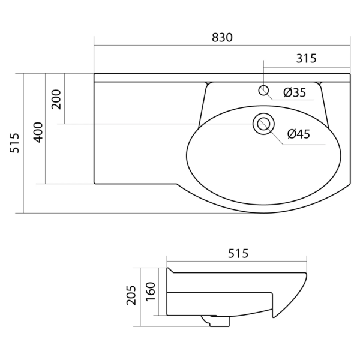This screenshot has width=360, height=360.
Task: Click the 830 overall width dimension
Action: click(x=222, y=37)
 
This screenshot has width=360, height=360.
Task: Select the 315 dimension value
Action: click(x=306, y=58)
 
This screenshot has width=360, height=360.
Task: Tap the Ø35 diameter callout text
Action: click(x=294, y=92)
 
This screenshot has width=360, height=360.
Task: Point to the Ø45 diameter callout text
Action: click(x=298, y=134)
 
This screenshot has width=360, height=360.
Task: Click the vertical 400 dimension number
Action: click(x=37, y=131)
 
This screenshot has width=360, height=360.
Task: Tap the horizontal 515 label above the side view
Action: click(x=238, y=254)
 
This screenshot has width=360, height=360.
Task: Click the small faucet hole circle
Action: click(x=263, y=91)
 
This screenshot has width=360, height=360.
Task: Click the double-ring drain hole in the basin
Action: click(x=262, y=124)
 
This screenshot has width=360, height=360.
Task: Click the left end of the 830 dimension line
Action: click(x=95, y=45)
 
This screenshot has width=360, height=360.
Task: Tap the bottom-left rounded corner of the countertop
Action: click(x=96, y=182)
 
